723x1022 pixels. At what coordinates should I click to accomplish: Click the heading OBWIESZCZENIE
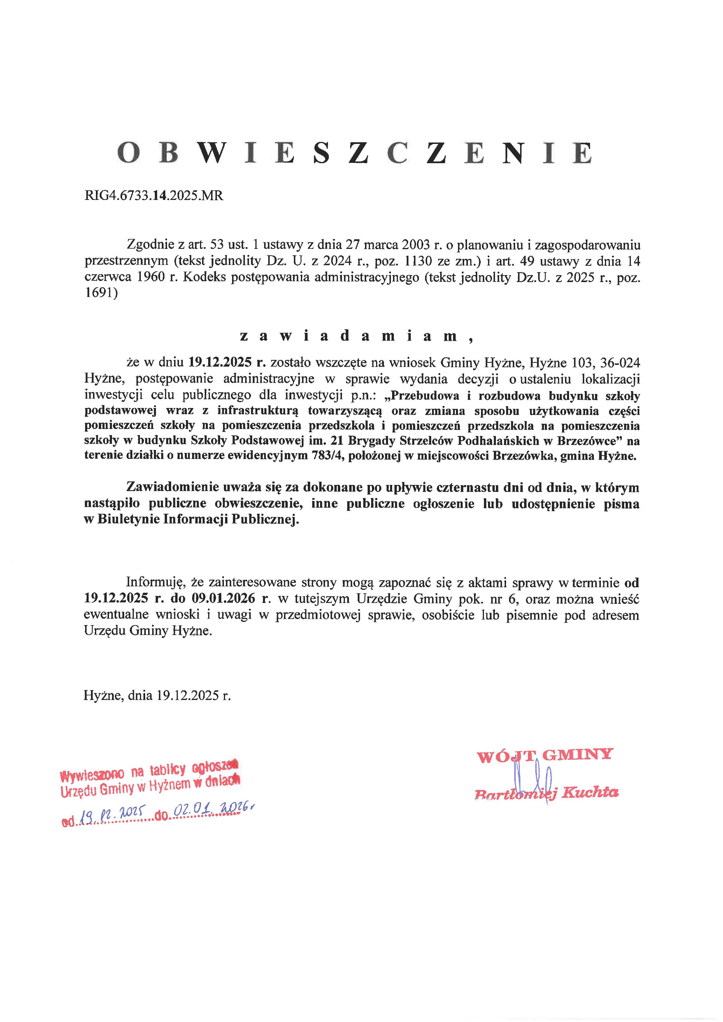[355, 153]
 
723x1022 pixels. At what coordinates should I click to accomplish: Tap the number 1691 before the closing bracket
[99, 294]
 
